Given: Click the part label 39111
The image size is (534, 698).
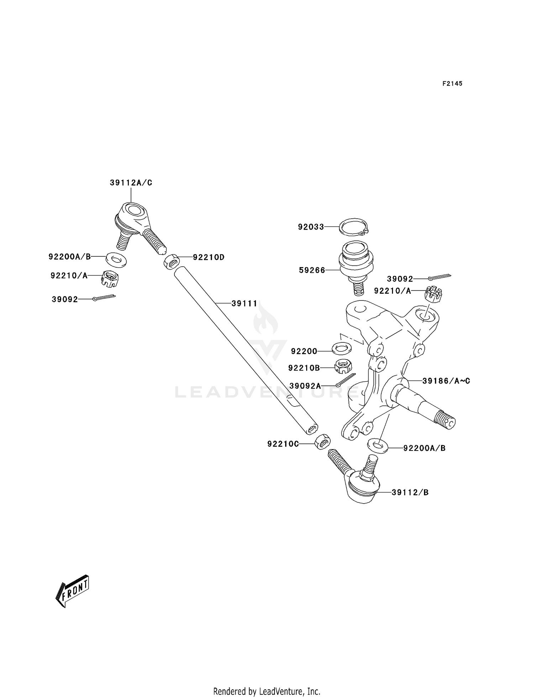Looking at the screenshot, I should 244,304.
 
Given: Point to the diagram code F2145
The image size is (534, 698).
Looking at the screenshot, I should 452,84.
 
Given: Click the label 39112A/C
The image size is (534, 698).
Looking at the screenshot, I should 131,183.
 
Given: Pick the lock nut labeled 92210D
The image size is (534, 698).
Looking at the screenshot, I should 171,262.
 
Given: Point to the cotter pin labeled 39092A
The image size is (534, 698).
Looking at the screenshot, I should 345,380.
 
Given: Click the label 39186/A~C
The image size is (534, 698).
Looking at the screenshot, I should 446,381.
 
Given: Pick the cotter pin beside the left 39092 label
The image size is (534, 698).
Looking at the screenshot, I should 104,297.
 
